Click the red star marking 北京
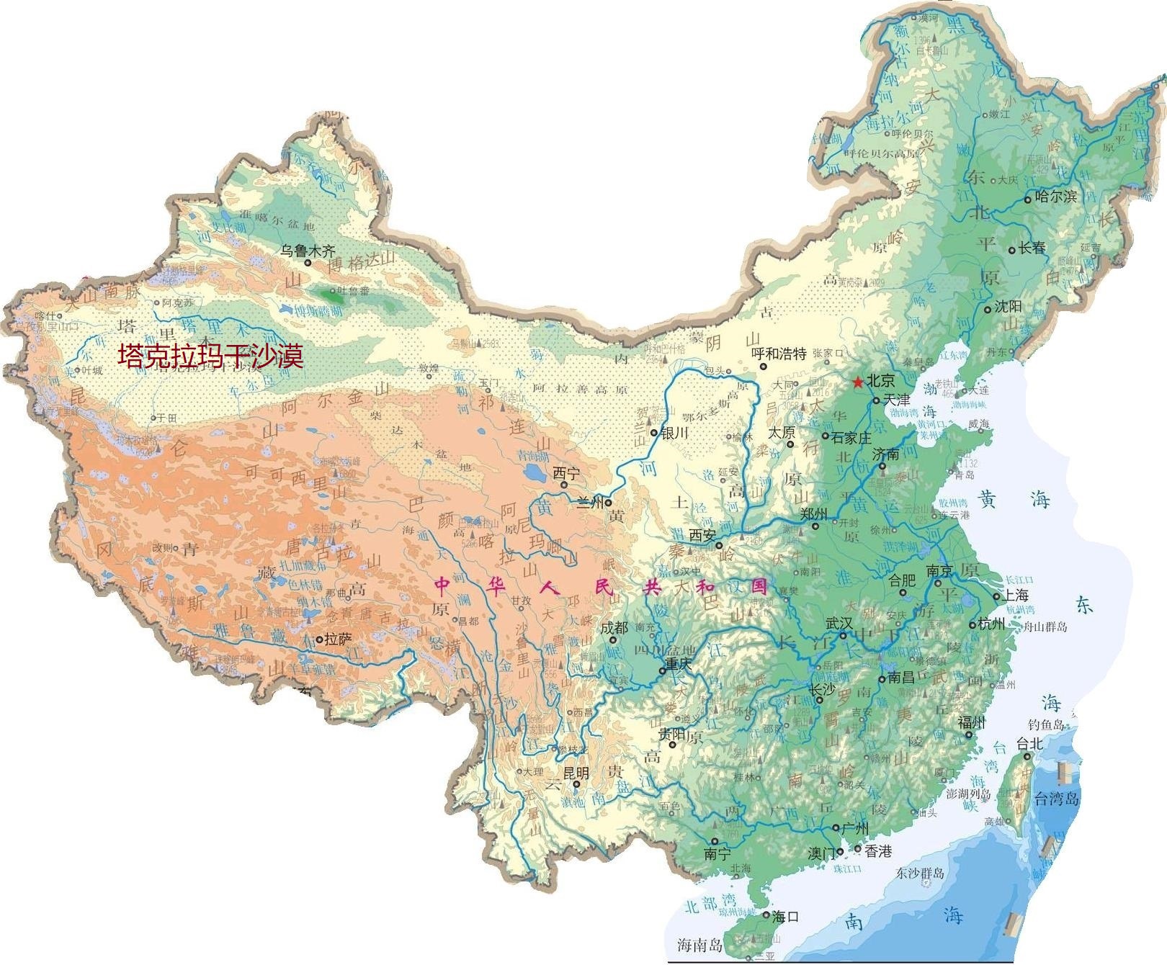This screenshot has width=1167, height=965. click(x=858, y=382)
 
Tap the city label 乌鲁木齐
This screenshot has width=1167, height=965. click(x=308, y=251)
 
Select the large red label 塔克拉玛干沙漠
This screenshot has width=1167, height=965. click(x=210, y=356)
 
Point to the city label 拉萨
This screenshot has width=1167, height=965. click(x=338, y=639)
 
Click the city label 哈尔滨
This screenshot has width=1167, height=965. click(x=1055, y=196)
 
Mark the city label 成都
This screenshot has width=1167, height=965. click(x=614, y=628)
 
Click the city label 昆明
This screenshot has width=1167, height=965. click(x=576, y=773)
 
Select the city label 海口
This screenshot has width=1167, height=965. click(x=785, y=917)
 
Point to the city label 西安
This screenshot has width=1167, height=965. click(x=703, y=535)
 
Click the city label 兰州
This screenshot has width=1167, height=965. click(x=591, y=503)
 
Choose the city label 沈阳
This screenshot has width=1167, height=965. click(x=1008, y=307)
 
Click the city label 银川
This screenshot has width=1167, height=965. click(x=674, y=433)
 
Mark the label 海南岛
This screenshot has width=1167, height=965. click(x=699, y=946)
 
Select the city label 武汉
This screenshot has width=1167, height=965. click(x=839, y=623)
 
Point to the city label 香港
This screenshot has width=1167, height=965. click(x=878, y=851)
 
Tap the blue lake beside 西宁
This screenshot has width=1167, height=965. click(x=535, y=473)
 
